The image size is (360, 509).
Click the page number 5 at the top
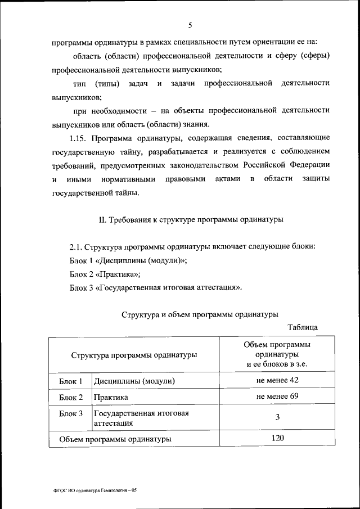[191, 25]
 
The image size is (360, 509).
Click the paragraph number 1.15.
[78, 137]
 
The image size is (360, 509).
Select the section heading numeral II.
[103, 219]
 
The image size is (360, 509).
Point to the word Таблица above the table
[303, 327]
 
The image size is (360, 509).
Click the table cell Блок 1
[71, 381]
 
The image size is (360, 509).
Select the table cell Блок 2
[71, 398]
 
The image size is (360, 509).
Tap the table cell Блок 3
[71, 414]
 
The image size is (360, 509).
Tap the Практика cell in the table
[111, 398]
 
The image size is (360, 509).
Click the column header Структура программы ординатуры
[134, 355]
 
